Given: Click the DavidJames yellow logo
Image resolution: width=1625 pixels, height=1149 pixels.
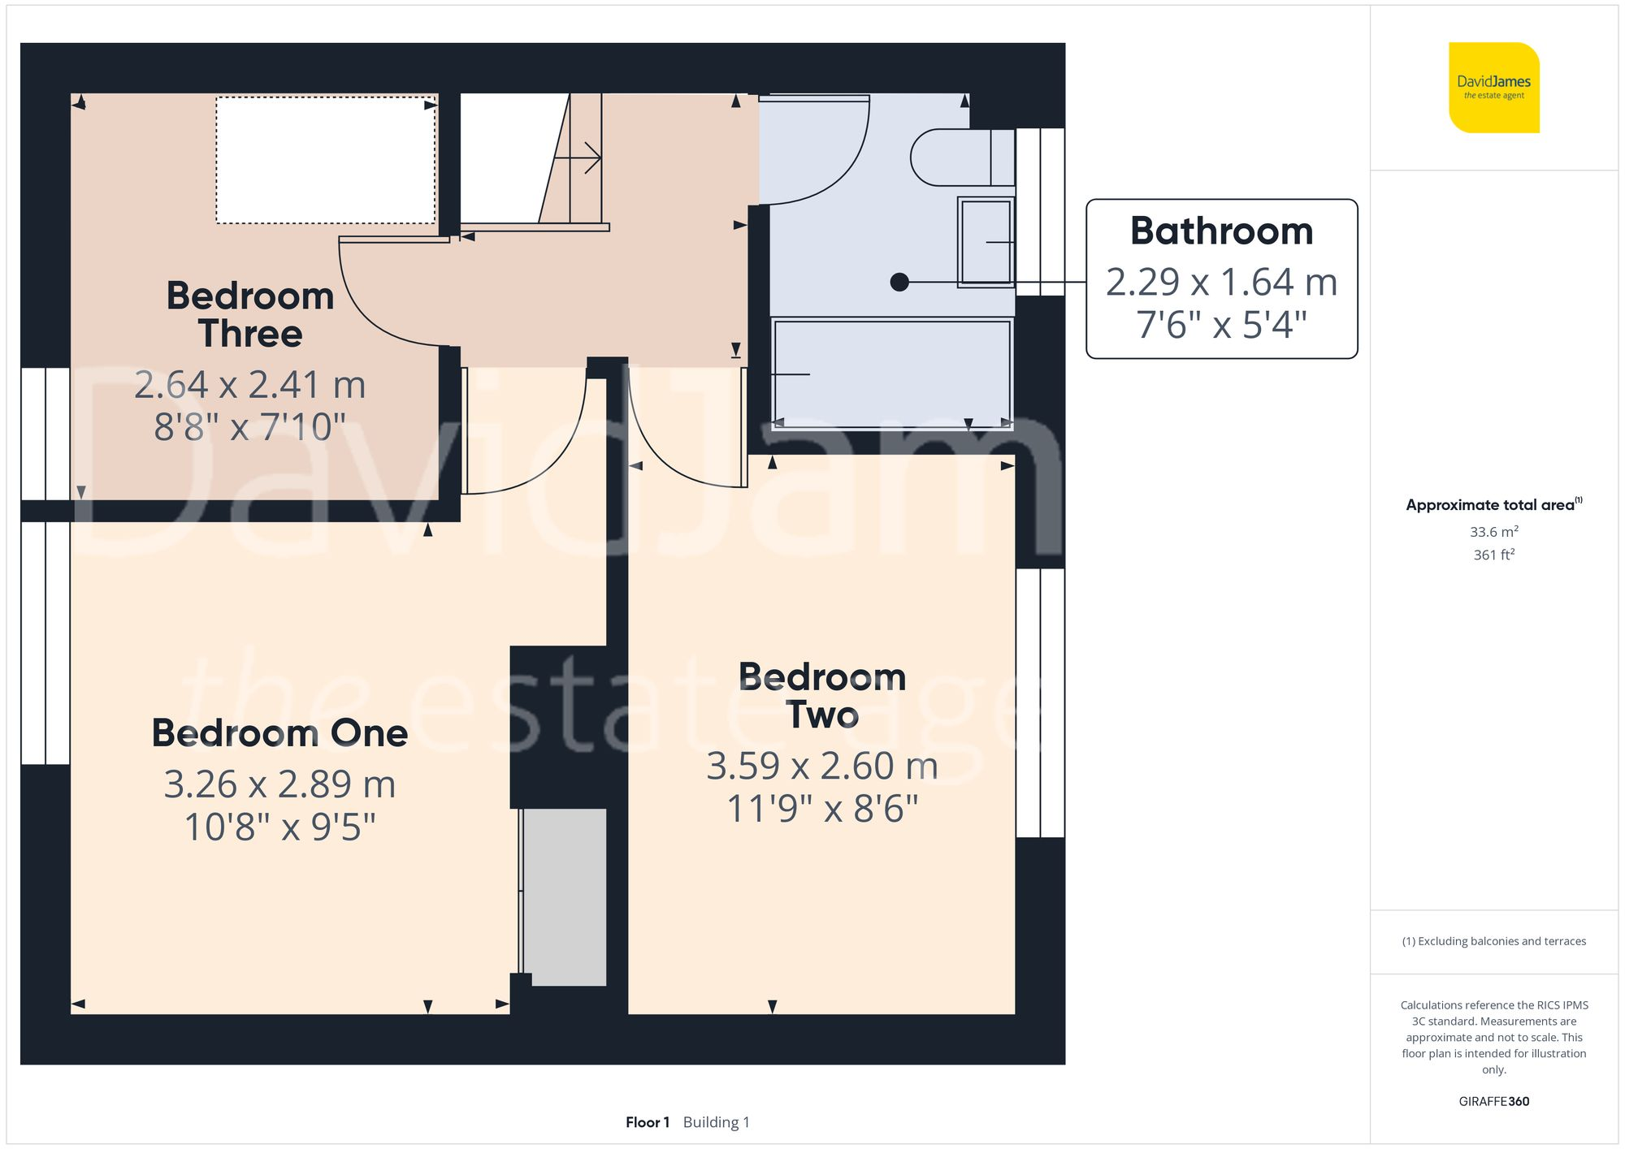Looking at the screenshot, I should pos(1493,88).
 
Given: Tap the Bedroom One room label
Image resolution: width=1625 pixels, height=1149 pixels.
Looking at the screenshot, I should pos(279,733).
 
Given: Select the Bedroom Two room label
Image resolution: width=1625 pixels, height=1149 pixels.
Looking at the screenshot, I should pos(822,696).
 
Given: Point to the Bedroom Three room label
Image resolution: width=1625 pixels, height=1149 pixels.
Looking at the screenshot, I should pos(250,314).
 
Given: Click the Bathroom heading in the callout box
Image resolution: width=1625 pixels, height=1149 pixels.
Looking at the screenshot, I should pos(1221,231).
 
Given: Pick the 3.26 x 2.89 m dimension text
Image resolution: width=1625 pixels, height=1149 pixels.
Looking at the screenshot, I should pos(279,784).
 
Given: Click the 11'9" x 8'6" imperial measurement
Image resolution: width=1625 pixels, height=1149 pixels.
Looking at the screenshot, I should pos(822,809).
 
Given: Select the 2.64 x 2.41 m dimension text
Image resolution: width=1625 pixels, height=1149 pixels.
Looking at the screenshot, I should pos(250,385).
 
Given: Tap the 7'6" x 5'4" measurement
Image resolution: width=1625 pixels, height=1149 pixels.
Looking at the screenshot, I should pos(1221,325).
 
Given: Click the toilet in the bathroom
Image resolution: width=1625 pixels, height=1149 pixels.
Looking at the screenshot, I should pos(959,158).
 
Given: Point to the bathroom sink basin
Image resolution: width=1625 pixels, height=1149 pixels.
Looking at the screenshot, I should pos(986,242).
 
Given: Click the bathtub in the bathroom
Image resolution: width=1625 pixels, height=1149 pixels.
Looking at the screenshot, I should pos(891,372).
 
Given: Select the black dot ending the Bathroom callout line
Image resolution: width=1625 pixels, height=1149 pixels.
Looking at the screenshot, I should pos(899,282).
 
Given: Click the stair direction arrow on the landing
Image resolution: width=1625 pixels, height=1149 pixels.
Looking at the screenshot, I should pos(587,158).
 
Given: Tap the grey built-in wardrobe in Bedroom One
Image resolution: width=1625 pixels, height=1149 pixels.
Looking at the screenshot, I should pos(565,896).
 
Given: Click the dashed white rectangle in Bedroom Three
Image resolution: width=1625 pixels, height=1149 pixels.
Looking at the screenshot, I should pos(326,160).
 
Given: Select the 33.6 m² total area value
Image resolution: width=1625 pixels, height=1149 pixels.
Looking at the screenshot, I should pos(1493,532).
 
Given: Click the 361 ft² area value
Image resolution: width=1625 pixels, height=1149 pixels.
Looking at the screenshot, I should pos(1493,555).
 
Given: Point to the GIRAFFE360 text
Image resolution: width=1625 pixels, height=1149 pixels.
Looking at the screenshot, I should pos(1493,1101).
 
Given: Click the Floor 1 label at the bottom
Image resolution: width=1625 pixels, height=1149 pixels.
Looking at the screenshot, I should pos(648,1122).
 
